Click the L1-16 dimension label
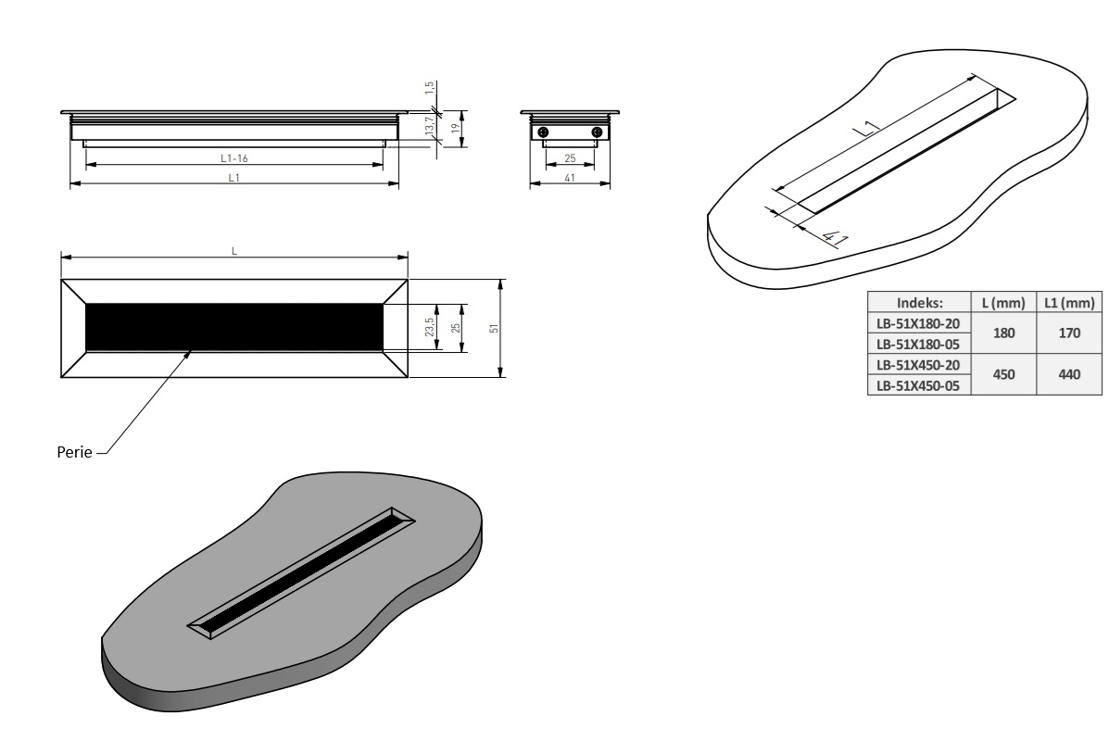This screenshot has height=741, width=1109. (x=234, y=158)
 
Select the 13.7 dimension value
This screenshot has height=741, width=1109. (x=429, y=125)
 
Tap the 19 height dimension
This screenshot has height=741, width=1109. (x=455, y=129)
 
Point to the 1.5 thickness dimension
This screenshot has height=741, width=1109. (x=429, y=88)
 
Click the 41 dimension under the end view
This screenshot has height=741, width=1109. (x=570, y=178)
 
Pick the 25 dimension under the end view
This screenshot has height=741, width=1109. (x=570, y=158)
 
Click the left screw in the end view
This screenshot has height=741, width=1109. (x=544, y=132)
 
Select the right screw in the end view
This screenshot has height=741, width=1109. (x=596, y=132)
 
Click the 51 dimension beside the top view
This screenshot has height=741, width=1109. (x=494, y=328)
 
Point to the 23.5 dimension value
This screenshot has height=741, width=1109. (x=430, y=327)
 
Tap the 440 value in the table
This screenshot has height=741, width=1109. (x=1068, y=374)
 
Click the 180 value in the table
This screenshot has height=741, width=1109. (x=1004, y=333)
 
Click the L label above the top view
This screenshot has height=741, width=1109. (x=233, y=249)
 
